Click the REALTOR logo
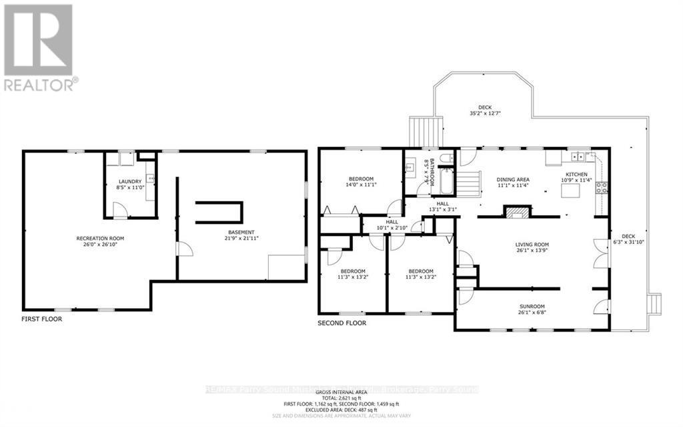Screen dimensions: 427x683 tap(39, 47)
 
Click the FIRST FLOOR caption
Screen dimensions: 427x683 tap(41, 319)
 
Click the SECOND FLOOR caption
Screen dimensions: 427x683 tap(341, 323)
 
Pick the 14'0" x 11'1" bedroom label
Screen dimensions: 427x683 tap(361, 182)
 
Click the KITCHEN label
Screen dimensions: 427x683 tap(576, 178)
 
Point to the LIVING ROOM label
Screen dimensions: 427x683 tap(532, 248)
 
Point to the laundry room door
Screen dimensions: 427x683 tap(119, 212)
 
